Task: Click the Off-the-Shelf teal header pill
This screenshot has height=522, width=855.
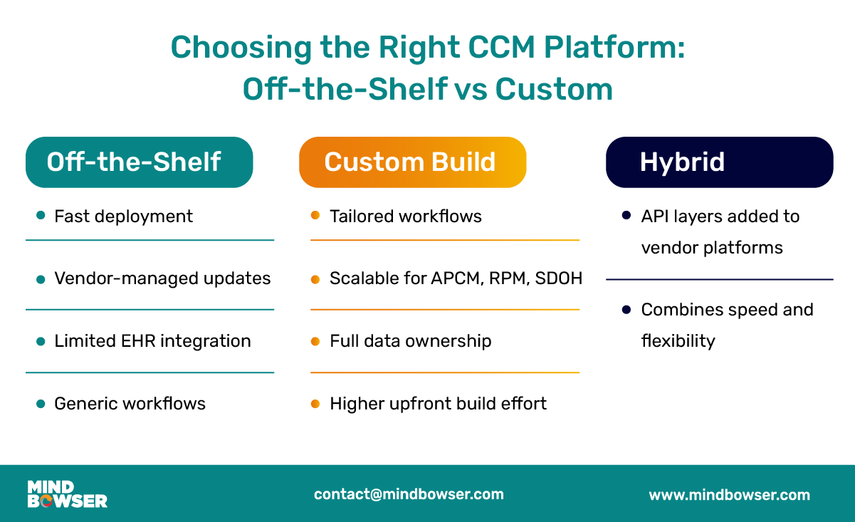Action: pyautogui.click(x=139, y=162)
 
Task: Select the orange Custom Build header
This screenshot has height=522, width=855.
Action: pyautogui.click(x=412, y=162)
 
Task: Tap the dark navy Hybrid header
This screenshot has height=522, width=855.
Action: pyautogui.click(x=719, y=162)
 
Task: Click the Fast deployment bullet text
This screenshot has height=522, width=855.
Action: pyautogui.click(x=123, y=216)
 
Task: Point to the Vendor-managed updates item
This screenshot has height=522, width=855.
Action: pyautogui.click(x=162, y=278)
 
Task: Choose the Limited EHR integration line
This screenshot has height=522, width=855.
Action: pyautogui.click(x=152, y=341)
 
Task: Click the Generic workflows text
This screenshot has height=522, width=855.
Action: pyautogui.click(x=130, y=404)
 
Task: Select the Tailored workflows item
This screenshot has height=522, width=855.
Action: pyautogui.click(x=405, y=216)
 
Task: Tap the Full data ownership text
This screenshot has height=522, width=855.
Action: pyautogui.click(x=410, y=341)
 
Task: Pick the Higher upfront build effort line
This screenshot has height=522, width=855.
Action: pyautogui.click(x=438, y=404)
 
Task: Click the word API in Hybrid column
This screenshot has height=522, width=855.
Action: pyautogui.click(x=655, y=216)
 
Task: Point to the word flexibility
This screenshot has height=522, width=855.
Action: pyautogui.click(x=678, y=341)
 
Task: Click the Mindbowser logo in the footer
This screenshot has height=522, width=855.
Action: pyautogui.click(x=67, y=494)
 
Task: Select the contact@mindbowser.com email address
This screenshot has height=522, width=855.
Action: pyautogui.click(x=409, y=494)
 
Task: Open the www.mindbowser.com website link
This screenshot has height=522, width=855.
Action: pyautogui.click(x=729, y=495)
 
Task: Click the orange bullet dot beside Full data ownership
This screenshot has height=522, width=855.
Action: pyautogui.click(x=315, y=341)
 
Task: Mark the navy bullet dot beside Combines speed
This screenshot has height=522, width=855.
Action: pyautogui.click(x=626, y=310)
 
